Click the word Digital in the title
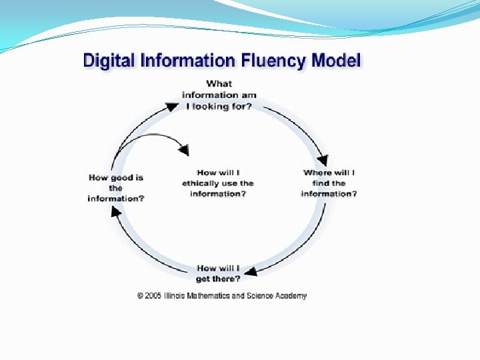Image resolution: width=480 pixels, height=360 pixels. [106, 61]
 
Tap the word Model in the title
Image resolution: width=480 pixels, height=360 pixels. [337, 61]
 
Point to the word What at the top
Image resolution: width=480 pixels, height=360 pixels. [219, 83]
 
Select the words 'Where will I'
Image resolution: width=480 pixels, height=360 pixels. [329, 173]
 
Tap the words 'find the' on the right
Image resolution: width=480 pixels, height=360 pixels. [329, 183]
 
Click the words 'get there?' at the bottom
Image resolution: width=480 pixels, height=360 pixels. [218, 279]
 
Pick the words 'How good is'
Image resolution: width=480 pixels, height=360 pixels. [116, 178]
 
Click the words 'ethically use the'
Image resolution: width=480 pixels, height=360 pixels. [218, 183]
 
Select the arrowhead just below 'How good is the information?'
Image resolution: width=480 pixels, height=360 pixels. [115, 211]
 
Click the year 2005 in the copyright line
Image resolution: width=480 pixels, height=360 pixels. [154, 296]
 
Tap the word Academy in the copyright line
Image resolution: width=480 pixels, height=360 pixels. [291, 296]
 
